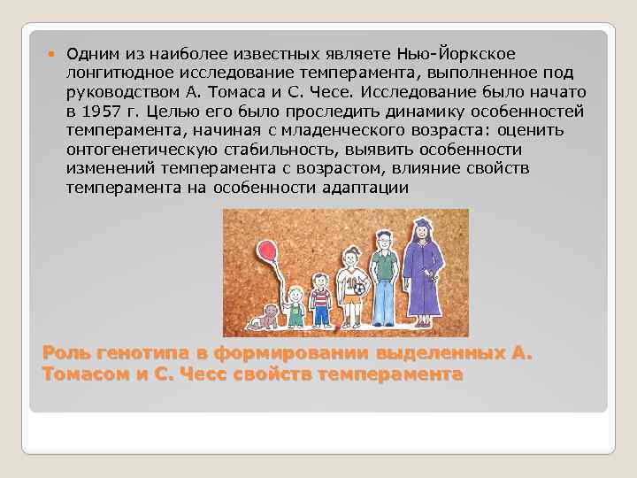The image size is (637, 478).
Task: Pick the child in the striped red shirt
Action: tap(321, 297)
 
